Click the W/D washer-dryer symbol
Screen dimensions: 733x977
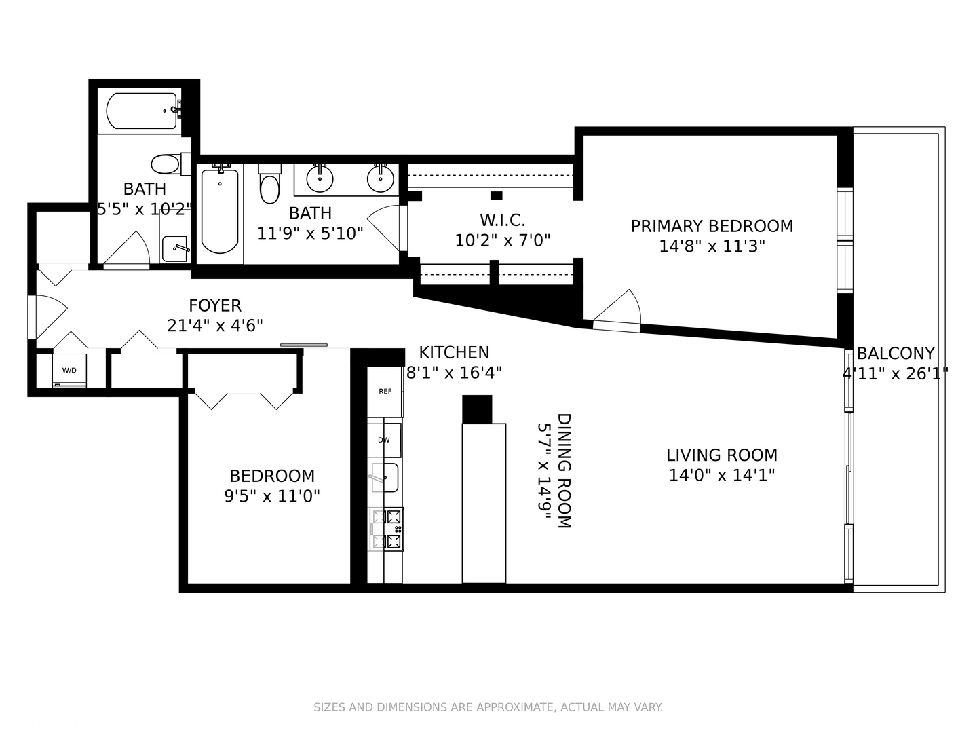[69, 371]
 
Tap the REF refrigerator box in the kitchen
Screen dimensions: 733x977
[385, 392]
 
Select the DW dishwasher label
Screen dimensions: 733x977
[384, 440]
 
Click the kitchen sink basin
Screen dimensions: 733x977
[385, 477]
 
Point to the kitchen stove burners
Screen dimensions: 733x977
[386, 529]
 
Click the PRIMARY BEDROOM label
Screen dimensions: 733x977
[712, 226]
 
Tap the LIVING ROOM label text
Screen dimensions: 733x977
[721, 455]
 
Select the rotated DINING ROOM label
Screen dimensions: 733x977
[564, 470]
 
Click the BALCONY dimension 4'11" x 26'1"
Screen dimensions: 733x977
[895, 373]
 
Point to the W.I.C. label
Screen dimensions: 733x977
[502, 220]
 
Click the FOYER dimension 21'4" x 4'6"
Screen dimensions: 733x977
[215, 326]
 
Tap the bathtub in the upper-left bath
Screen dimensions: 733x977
[141, 111]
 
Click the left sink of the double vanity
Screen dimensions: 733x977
[320, 178]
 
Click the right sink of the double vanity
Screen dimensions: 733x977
[381, 178]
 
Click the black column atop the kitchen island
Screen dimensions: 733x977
[476, 409]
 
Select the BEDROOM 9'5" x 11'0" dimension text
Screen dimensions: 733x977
[272, 496]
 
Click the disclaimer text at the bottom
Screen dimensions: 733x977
[488, 707]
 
